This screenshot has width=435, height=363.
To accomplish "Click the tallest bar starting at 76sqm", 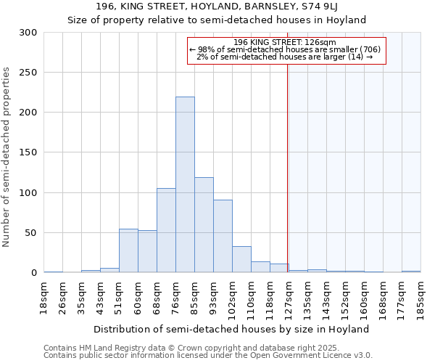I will coord(185,184).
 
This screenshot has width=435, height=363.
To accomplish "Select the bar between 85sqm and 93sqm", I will coord(204,224).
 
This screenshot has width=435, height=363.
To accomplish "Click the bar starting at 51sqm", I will coord(128,250).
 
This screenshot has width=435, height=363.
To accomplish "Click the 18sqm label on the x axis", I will coord(44,297).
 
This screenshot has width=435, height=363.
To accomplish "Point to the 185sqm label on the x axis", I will coord(420,297).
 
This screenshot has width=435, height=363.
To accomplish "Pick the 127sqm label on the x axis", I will coord(289,297).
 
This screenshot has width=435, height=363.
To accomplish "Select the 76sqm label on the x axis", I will coord(176,297).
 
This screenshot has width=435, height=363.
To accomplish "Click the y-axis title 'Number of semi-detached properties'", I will coord(7,157).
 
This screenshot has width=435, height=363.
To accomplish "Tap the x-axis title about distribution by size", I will coord(231,329).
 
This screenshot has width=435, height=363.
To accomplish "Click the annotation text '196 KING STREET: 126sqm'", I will coord(284,43).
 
